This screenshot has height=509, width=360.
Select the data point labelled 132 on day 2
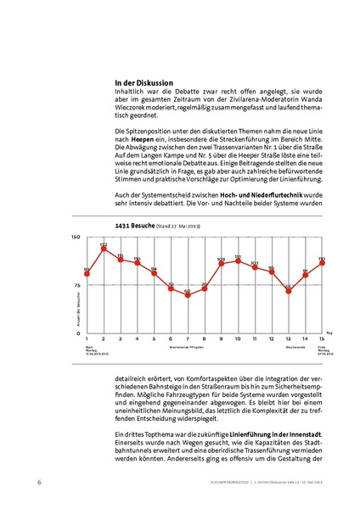104,249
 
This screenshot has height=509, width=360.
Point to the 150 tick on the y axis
76,238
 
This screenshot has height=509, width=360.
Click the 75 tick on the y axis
76,285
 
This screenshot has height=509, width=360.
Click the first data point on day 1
87,273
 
